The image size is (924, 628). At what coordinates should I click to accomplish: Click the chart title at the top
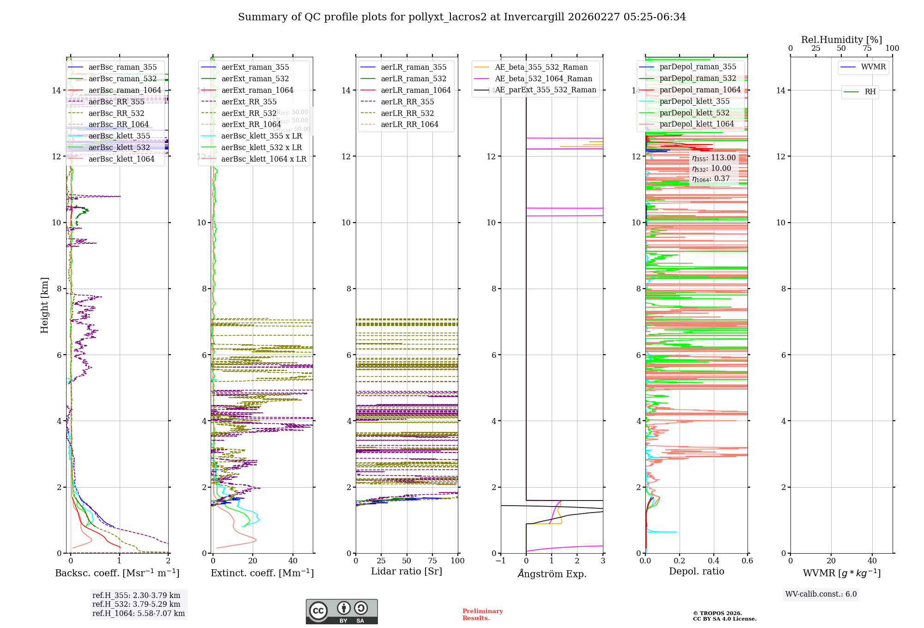pos(462,17)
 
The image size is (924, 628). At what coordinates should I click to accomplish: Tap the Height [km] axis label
pos(44,305)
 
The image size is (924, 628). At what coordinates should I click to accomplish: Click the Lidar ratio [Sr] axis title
pos(407,572)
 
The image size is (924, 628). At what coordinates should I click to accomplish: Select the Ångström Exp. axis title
pos(552,574)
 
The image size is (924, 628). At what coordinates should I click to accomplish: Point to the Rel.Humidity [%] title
pos(841,40)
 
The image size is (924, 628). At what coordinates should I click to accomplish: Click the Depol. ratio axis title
pos(696,572)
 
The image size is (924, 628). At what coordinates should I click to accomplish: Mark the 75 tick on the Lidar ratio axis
pos(432,561)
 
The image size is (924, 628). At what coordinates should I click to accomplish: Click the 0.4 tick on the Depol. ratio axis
pos(713,561)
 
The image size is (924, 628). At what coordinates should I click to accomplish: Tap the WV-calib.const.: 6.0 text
pos(821,594)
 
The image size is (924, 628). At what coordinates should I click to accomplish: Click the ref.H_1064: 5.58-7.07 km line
pos(139,614)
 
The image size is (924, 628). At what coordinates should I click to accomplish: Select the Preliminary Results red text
pos(482,615)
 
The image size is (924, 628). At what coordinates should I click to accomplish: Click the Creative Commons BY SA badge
pos(341,612)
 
